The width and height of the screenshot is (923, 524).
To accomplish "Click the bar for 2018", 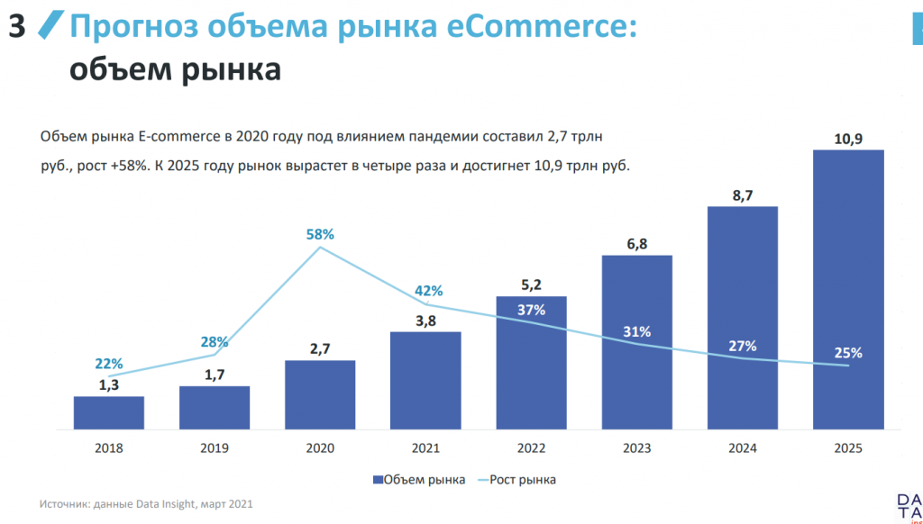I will pyautogui.click(x=109, y=412).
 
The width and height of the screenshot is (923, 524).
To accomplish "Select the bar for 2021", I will pyautogui.click(x=425, y=380).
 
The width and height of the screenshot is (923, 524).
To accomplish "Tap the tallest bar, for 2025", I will pyautogui.click(x=848, y=288).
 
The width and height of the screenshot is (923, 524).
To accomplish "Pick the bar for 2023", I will pyautogui.click(x=637, y=342).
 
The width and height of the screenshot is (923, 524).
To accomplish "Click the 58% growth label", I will pyautogui.click(x=320, y=234).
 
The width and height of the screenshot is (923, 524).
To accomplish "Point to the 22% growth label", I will pyautogui.click(x=108, y=364).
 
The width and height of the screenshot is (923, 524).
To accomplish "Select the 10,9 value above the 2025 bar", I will pyautogui.click(x=848, y=139).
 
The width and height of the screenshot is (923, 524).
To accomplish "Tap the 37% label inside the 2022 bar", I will pyautogui.click(x=532, y=310).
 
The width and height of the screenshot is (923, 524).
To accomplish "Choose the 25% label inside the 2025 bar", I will pyautogui.click(x=848, y=353).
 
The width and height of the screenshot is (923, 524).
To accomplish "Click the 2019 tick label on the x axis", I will pyautogui.click(x=215, y=448).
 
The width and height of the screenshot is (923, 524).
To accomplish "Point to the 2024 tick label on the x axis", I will pyautogui.click(x=743, y=448).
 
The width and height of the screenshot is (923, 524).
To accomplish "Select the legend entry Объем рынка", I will pyautogui.click(x=418, y=480).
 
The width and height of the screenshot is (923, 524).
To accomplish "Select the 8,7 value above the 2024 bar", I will pyautogui.click(x=743, y=194).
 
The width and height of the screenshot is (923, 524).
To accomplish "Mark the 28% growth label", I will pyautogui.click(x=215, y=341).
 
